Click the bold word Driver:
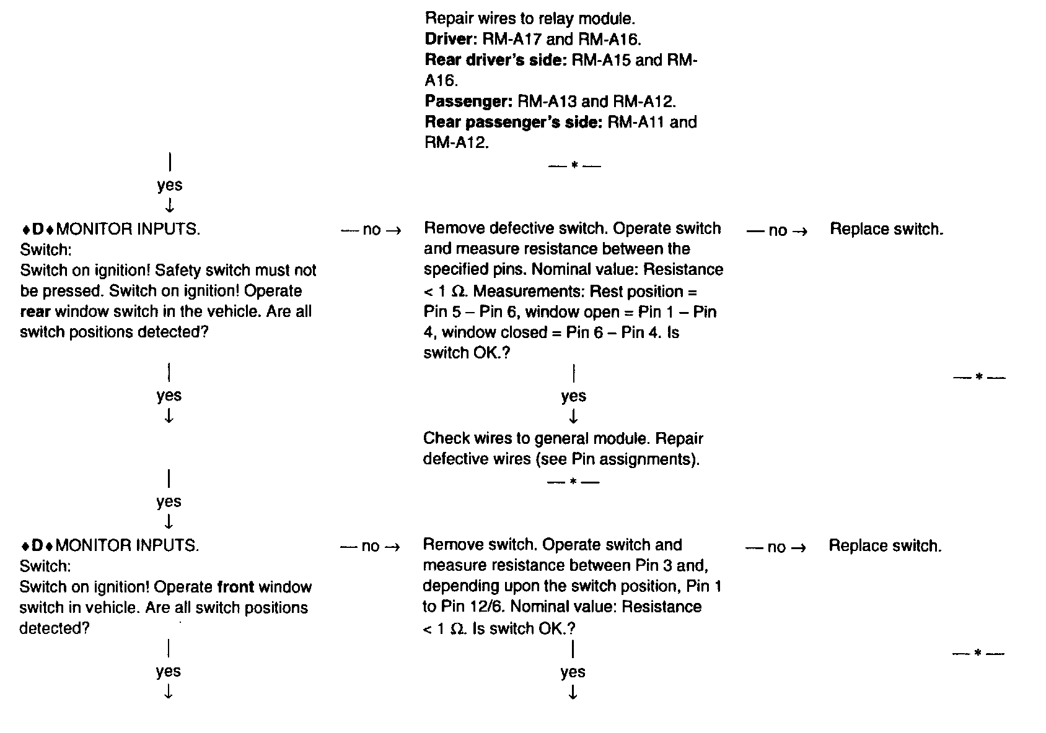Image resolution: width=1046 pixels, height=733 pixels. (449, 40)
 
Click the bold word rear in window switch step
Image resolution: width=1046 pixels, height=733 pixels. (35, 311)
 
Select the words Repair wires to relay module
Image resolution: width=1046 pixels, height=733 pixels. (530, 19)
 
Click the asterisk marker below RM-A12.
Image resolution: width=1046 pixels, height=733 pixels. (574, 165)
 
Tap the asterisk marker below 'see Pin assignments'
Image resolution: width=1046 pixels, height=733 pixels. (574, 482)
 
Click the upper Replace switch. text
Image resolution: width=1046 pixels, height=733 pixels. (886, 230)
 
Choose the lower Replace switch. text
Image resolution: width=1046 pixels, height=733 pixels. (885, 546)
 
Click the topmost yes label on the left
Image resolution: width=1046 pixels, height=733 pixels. (169, 185)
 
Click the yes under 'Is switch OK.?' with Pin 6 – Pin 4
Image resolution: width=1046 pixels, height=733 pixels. (573, 396)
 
